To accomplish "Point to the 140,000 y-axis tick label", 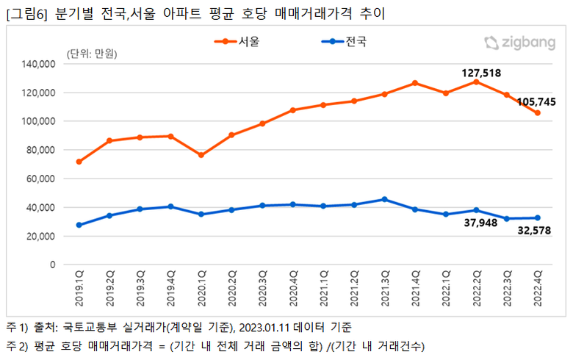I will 38,65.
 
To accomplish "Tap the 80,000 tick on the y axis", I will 40,150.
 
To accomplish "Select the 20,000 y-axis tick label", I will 40,236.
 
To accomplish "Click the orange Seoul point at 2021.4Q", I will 415,83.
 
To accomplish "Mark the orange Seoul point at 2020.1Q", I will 201,155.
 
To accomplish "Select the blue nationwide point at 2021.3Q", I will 384,199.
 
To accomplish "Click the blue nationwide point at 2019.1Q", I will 79,225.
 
